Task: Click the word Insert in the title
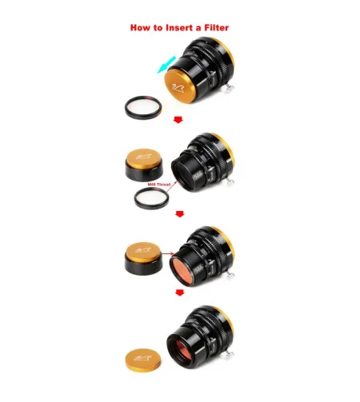click(166, 27)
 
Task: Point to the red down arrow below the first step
click(179, 121)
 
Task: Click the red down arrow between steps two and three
click(179, 214)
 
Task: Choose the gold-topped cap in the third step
click(142, 258)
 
